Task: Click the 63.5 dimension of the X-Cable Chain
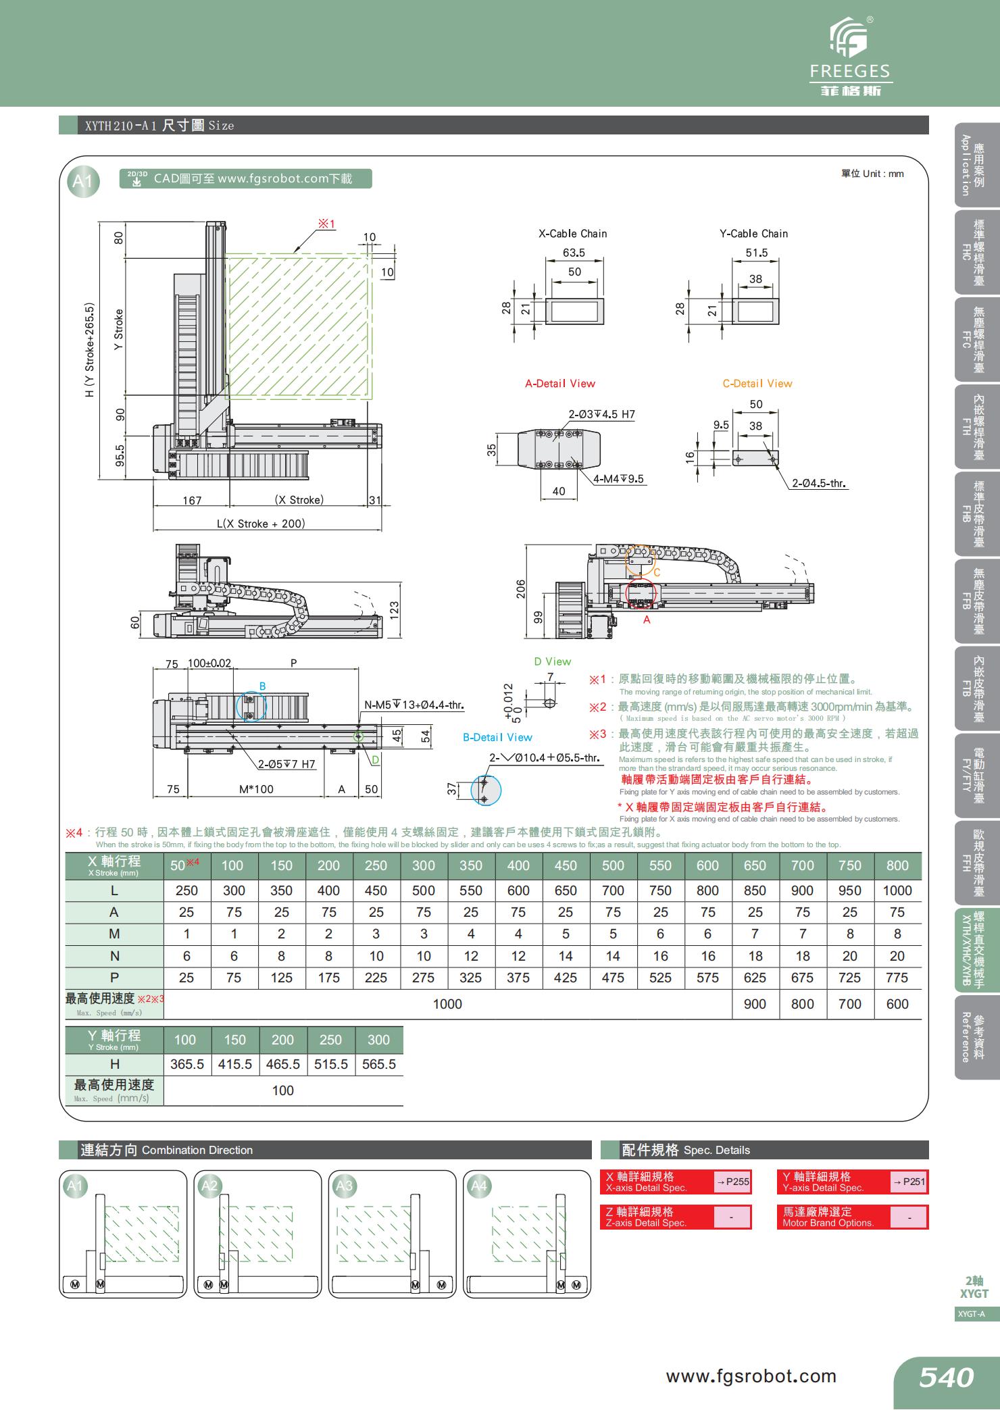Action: click(574, 253)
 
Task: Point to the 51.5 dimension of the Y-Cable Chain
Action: click(756, 253)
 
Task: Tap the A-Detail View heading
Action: click(560, 384)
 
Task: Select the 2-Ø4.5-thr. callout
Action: click(820, 484)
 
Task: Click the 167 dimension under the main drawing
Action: click(192, 501)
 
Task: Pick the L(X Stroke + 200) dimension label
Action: click(261, 524)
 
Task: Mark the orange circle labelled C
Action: click(640, 560)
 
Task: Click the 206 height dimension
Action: click(521, 589)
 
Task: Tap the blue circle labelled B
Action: click(251, 706)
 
